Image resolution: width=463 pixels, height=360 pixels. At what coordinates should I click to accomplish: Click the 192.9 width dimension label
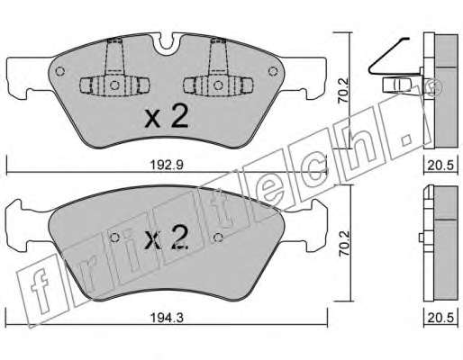(x=166, y=165)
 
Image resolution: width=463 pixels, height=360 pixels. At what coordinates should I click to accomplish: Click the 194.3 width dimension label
(x=167, y=318)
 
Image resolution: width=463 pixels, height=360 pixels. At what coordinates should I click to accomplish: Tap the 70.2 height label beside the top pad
(x=343, y=90)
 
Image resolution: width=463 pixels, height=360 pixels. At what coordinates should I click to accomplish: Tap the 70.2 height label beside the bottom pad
(x=344, y=243)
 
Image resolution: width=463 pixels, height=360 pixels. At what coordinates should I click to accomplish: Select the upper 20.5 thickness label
(x=440, y=166)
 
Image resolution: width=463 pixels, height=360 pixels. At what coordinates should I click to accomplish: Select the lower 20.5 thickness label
(x=440, y=318)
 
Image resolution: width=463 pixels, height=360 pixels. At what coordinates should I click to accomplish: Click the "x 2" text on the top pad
(x=166, y=117)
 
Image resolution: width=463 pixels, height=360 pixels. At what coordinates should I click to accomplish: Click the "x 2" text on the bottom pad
(x=166, y=238)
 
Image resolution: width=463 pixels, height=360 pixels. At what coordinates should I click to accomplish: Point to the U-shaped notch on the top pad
(x=167, y=45)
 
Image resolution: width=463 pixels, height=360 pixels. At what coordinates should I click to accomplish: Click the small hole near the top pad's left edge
(x=60, y=71)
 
